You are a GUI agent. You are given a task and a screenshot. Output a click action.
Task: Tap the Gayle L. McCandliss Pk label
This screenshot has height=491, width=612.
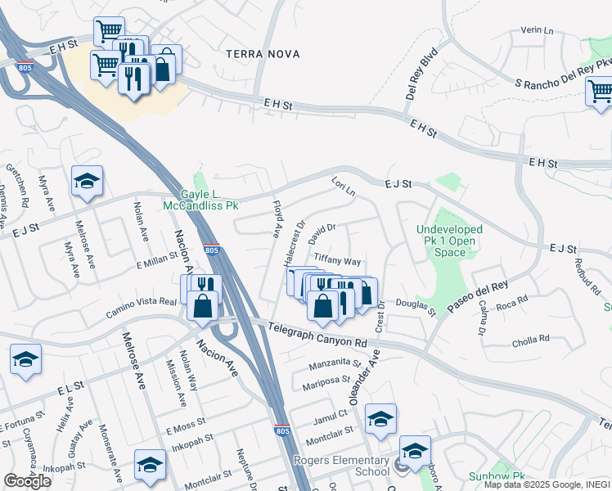point(200,200)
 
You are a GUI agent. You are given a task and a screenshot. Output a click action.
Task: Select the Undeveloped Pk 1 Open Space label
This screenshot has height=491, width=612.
point(449,241)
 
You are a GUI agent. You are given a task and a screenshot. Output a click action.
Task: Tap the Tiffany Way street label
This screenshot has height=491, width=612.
point(337,261)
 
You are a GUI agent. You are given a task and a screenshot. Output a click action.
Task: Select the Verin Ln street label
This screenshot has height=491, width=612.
point(538,30)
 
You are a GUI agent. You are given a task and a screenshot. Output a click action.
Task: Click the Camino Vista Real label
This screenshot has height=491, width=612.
point(142,308)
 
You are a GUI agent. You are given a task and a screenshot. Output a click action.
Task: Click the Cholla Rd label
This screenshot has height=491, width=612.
point(530,340)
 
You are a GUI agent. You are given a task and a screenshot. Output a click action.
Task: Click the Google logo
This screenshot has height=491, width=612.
point(27,481)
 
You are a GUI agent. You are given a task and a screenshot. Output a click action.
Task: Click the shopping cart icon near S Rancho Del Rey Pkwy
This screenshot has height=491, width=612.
point(601,92)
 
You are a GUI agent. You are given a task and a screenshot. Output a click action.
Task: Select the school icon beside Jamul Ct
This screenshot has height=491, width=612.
point(380,419)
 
